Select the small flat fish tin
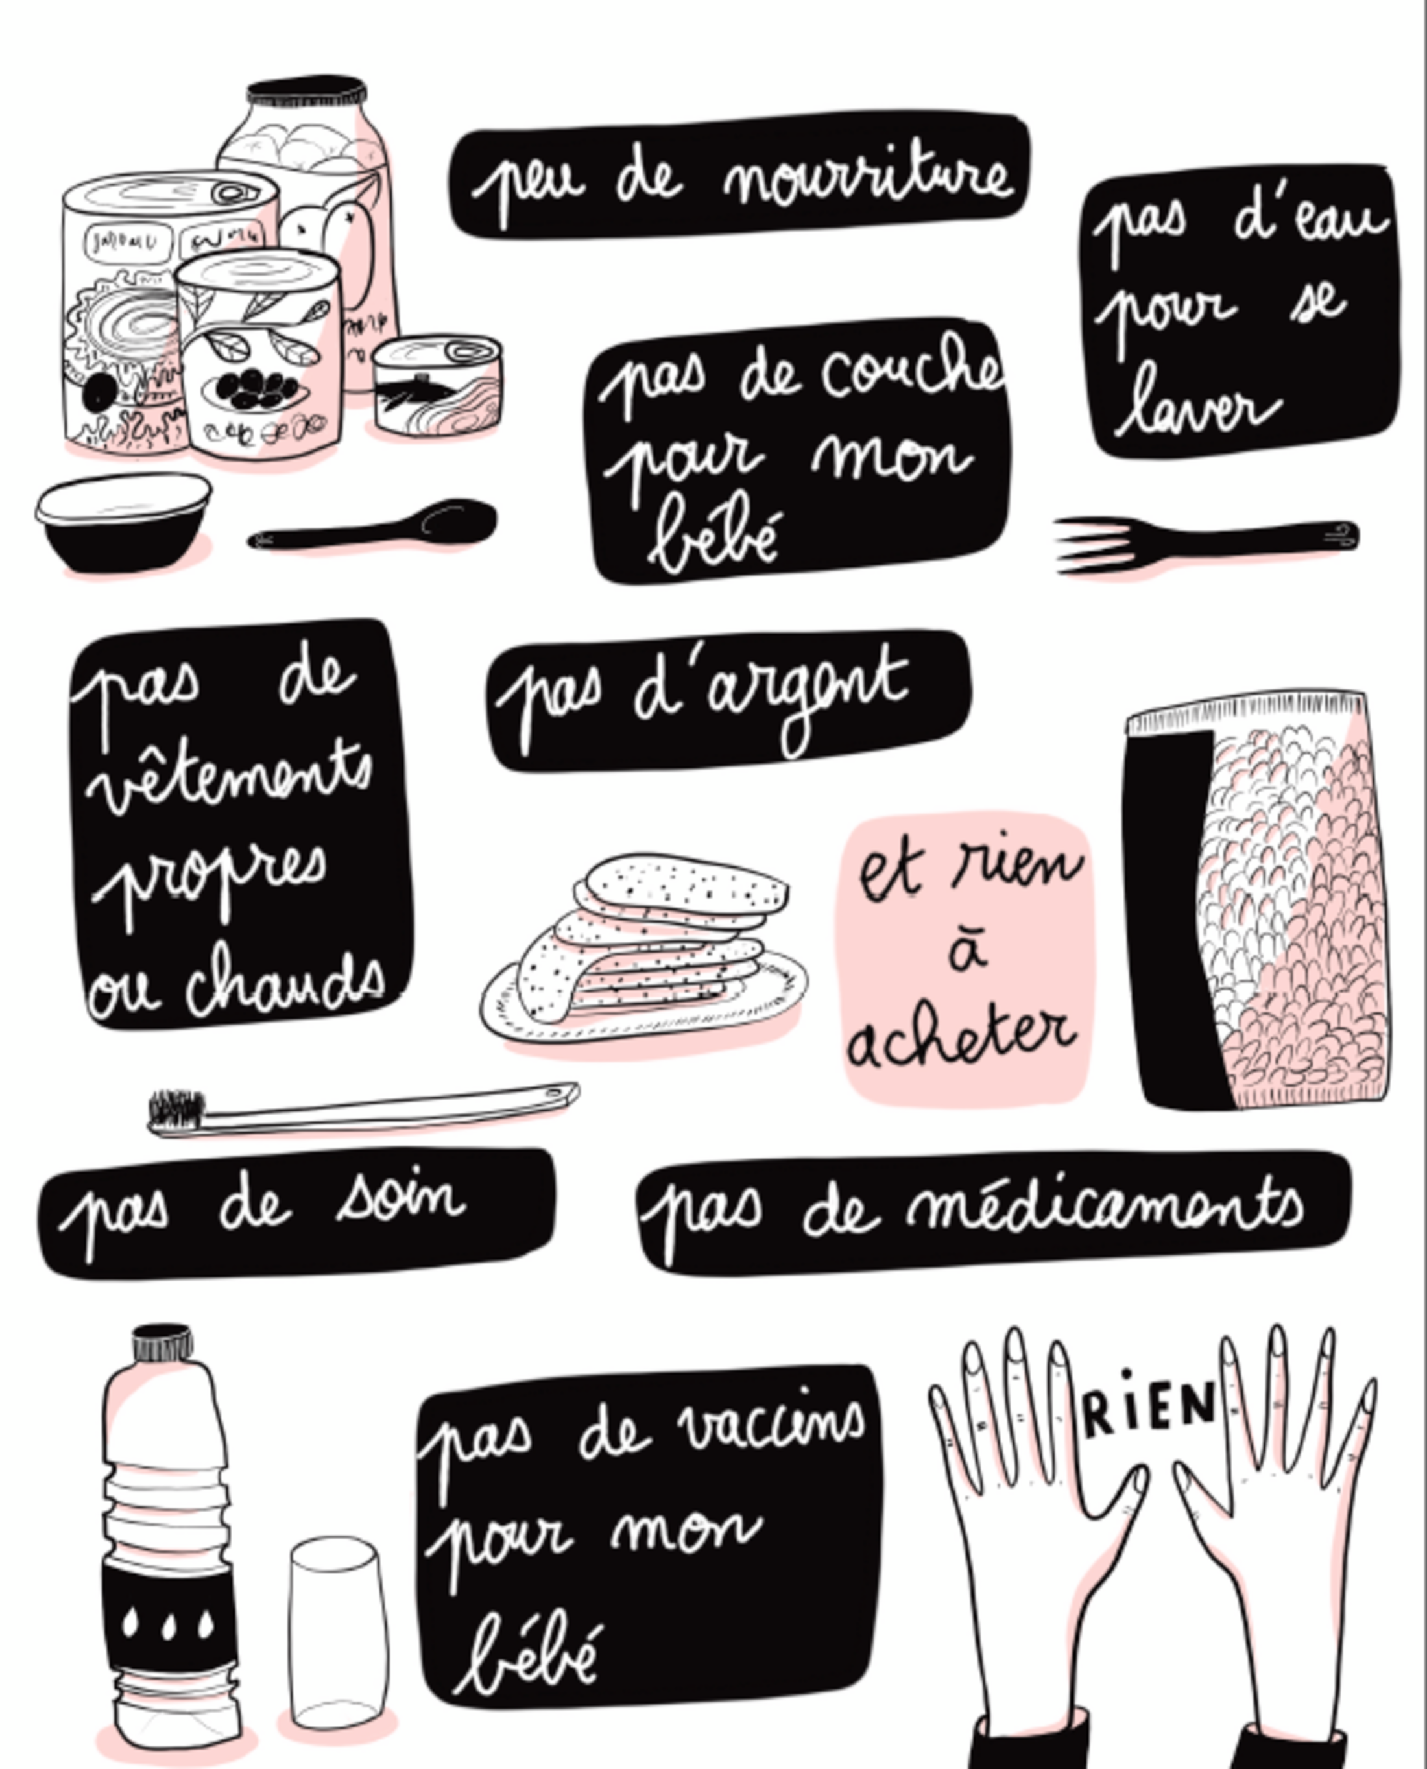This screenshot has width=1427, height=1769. (437, 385)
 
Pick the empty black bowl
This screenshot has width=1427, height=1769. (123, 522)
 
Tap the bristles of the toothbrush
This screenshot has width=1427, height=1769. (175, 1111)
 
